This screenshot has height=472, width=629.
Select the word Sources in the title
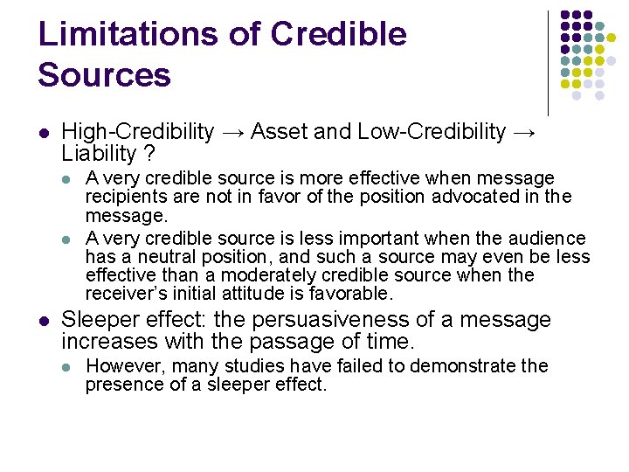click(x=104, y=75)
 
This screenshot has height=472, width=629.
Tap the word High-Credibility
click(x=138, y=132)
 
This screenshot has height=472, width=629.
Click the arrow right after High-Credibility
click(x=232, y=132)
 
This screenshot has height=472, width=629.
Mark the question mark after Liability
click(x=149, y=154)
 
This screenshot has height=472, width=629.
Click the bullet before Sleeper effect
click(x=44, y=321)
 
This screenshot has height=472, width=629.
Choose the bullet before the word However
click(x=69, y=366)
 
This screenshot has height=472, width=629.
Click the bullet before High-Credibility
click(x=44, y=133)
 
